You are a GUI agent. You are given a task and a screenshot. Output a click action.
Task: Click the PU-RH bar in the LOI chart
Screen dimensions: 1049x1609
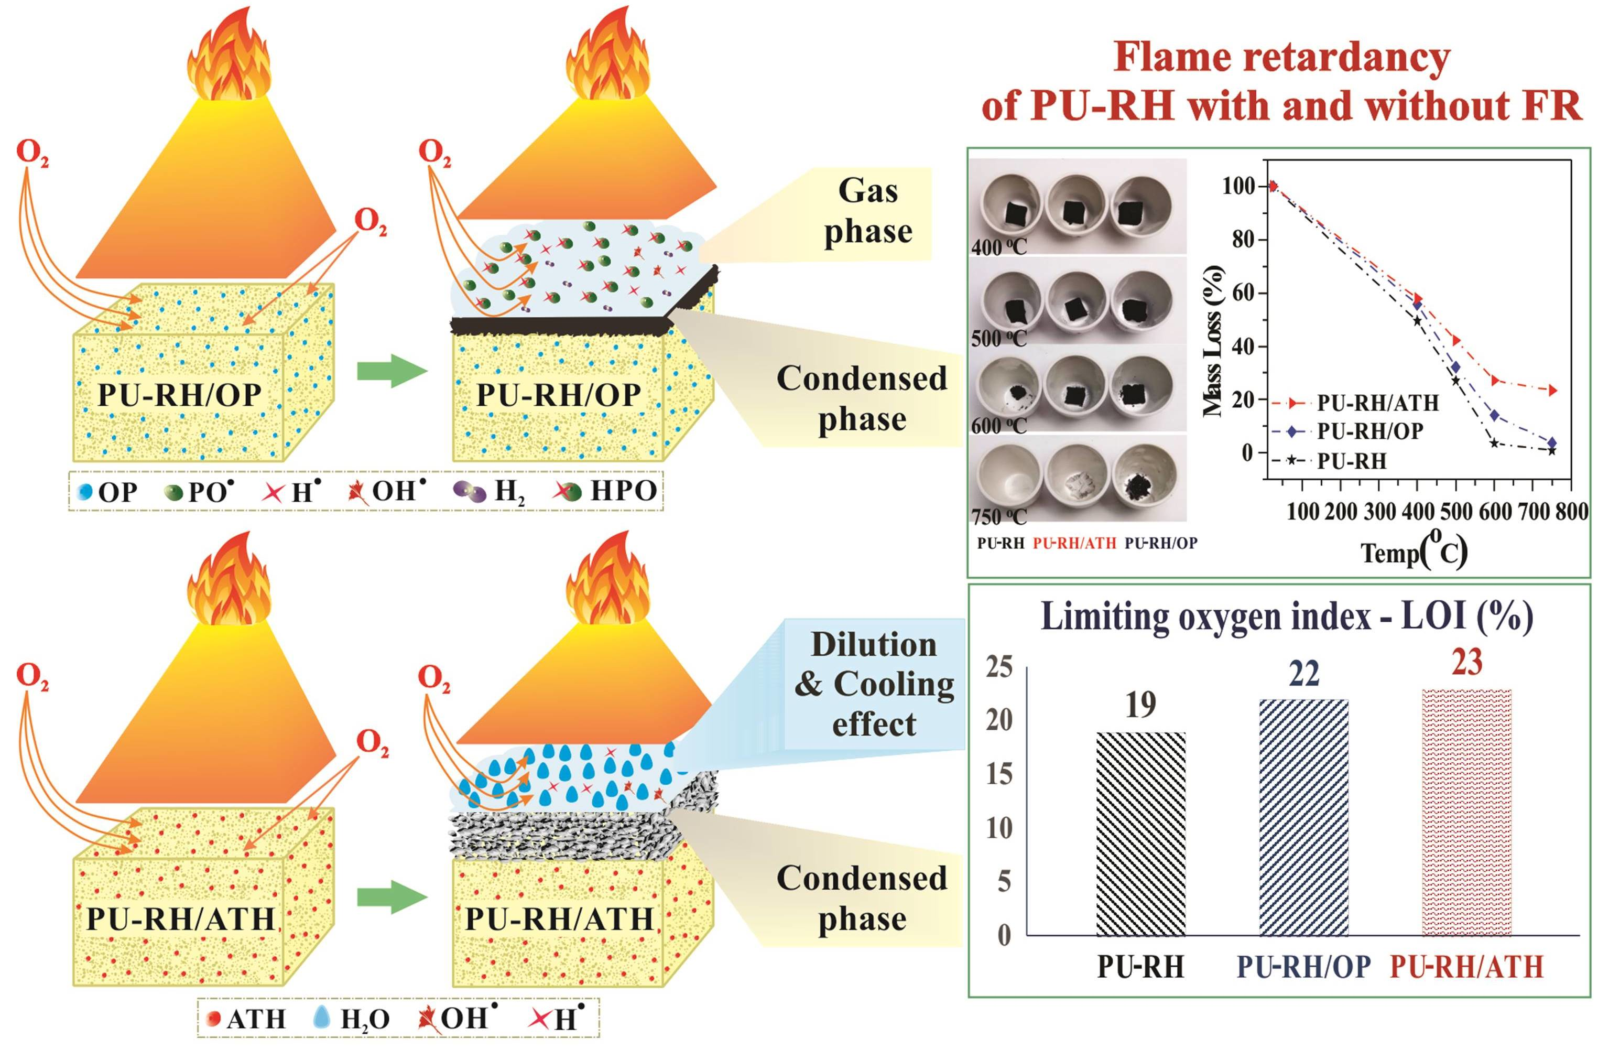tap(1140, 835)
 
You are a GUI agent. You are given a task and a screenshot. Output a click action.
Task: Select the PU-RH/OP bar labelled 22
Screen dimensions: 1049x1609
tap(1304, 818)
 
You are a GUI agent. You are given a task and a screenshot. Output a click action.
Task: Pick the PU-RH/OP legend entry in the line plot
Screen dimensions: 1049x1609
tap(1368, 431)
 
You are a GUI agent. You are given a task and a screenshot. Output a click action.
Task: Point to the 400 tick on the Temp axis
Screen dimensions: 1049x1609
tap(1416, 512)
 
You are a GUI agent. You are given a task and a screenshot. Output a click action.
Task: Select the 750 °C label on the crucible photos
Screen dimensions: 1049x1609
tap(998, 517)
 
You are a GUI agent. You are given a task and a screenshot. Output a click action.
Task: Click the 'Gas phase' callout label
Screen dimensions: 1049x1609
tap(868, 211)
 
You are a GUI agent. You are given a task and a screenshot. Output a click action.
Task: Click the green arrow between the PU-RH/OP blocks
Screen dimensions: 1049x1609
tap(393, 373)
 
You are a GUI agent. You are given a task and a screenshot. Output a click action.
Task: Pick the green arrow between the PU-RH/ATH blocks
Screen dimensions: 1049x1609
tap(393, 898)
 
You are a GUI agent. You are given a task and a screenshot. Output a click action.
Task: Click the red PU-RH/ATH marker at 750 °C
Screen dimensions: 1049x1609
tap(1553, 390)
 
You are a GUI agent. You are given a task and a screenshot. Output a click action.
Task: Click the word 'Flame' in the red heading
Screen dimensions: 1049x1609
tap(1172, 58)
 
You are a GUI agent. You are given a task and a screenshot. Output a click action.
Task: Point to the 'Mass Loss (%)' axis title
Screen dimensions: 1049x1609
tap(1214, 342)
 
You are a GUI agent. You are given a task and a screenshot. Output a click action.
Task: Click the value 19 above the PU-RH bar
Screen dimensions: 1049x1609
tap(1140, 706)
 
